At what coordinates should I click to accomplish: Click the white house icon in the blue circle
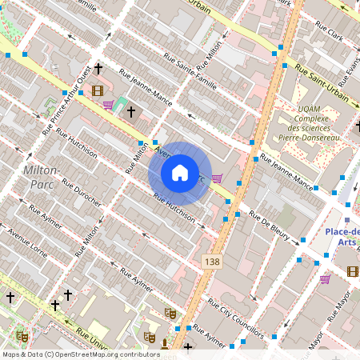[180, 172]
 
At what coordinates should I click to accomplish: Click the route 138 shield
[212, 262]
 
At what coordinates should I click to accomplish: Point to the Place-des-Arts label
[342, 238]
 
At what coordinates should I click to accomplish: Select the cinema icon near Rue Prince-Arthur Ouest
[98, 90]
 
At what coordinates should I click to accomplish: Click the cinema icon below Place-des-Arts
[353, 271]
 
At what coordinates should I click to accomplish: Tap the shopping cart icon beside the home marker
[216, 179]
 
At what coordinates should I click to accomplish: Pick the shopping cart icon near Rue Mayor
[325, 279]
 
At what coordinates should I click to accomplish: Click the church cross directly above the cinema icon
[98, 70]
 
